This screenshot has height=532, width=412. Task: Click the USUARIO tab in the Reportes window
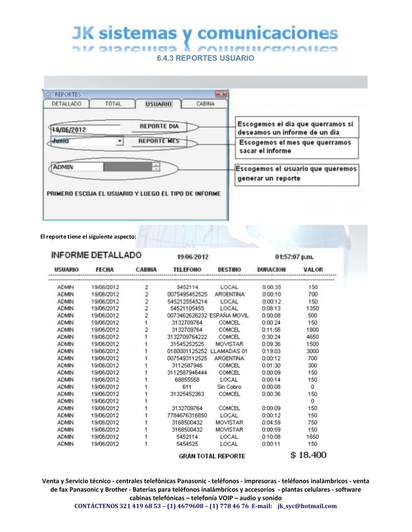point(158,104)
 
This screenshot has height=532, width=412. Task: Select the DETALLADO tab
point(66,104)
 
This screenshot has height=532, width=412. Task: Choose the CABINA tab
point(205,104)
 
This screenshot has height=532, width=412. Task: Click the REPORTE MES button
point(159,141)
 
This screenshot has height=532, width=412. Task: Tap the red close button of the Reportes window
point(221,94)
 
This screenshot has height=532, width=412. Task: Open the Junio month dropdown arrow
point(120,141)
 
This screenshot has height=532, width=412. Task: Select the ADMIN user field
point(77,167)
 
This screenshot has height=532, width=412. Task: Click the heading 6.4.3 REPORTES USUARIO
point(206,58)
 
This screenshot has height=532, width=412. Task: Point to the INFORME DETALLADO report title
point(96,255)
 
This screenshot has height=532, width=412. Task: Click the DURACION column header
point(271,270)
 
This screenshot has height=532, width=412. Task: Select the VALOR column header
point(313,270)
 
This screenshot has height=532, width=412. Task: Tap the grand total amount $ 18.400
point(308,455)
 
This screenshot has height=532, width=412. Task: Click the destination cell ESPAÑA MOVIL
point(229,315)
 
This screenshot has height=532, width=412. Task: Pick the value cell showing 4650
point(313,337)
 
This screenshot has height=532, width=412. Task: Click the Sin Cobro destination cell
point(229,387)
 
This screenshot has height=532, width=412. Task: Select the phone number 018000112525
point(187,351)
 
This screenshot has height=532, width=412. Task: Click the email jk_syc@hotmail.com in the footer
point(307,506)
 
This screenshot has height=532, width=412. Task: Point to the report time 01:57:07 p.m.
point(294,257)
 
